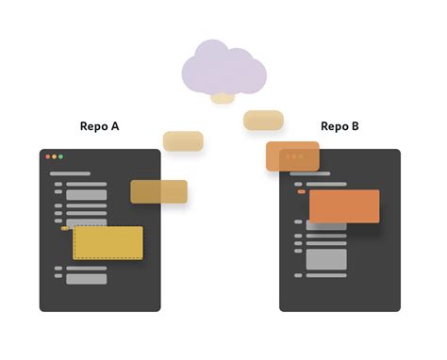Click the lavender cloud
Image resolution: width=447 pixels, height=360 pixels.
pos(223,68)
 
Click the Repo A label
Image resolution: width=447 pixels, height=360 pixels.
pos(100,126)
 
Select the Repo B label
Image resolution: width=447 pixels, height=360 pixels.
pos(340,126)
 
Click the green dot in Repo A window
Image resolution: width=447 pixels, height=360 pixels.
pos(61,156)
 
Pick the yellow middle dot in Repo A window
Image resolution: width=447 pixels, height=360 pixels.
pos(54,156)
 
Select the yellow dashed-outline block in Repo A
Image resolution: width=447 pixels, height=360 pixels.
pos(108,242)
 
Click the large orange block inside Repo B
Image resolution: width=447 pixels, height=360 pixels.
pos(344,206)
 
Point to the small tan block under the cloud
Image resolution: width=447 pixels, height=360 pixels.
pos(223,97)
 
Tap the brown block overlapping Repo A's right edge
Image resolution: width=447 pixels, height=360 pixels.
pos(158,191)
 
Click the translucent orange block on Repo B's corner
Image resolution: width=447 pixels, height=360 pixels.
pos(292,155)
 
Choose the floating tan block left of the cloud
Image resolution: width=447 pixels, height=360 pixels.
pos(183,140)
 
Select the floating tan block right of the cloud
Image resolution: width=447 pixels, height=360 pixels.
pos(263,120)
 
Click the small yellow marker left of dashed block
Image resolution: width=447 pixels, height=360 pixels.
pos(64,228)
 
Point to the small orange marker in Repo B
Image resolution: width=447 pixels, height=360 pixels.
pos(302,191)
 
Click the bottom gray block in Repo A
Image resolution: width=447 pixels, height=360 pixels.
pos(87,278)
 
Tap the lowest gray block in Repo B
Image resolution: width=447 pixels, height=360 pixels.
pos(326,258)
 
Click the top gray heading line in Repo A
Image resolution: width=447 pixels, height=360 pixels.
pos(76,173)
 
